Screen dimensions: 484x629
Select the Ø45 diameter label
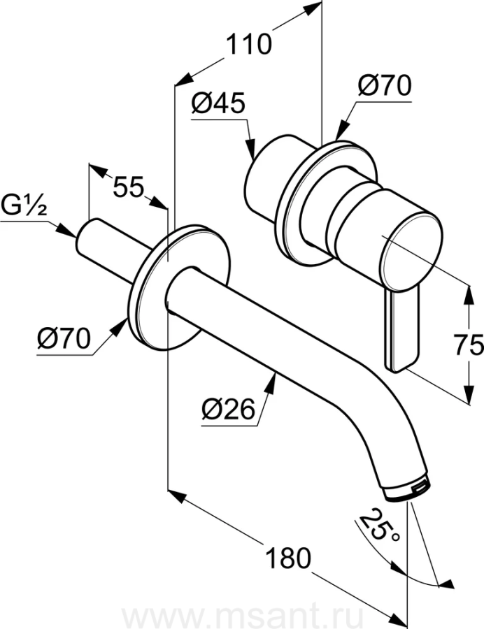tap(218, 104)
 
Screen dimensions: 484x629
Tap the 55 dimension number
tap(128, 187)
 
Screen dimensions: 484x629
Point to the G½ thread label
tap(24, 208)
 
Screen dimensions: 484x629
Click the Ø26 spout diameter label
tap(228, 410)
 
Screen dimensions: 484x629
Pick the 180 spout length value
tap(288, 558)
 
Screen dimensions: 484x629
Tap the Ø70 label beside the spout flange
tap(64, 338)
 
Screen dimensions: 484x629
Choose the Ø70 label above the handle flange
tap(385, 86)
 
